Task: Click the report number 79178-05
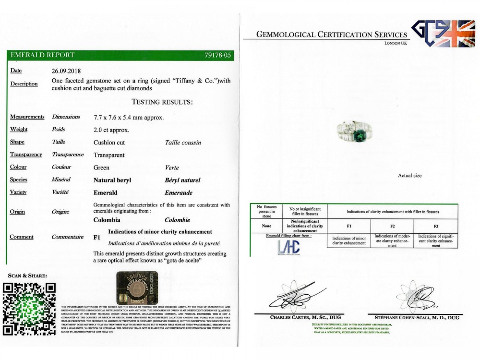218,55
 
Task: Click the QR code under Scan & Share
29,309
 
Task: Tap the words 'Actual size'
409,176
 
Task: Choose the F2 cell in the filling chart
392,226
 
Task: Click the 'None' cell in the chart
266,226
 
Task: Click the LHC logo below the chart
288,247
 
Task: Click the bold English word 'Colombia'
108,220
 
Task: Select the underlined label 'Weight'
19,130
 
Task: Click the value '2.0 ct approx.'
111,130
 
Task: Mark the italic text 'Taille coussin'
183,143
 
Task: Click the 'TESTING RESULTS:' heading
162,102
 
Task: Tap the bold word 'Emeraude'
178,192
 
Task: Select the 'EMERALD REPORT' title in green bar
42,55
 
